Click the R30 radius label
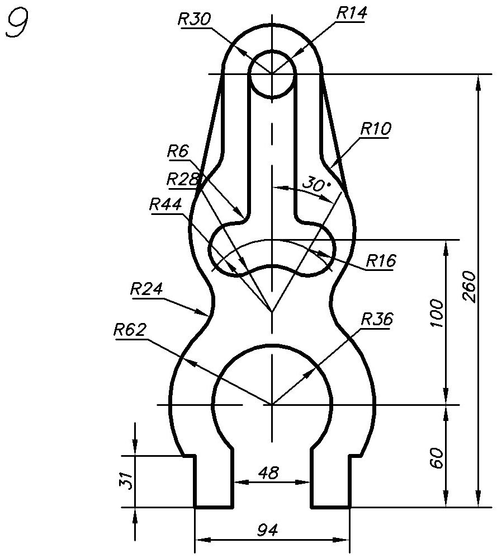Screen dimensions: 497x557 [x=194, y=20]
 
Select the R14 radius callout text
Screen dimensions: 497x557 [x=351, y=13]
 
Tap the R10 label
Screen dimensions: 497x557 [x=376, y=129]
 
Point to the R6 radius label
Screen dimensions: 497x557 [x=178, y=152]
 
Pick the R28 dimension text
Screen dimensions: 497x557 [x=183, y=179]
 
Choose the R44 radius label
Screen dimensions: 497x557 [x=165, y=205]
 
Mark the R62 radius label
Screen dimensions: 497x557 [x=130, y=330]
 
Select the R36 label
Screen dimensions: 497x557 [x=377, y=319]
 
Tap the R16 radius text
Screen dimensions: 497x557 [x=381, y=261]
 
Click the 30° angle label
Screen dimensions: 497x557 [x=317, y=184]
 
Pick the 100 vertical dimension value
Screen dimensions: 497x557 [x=436, y=313]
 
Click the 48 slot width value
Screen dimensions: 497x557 [x=268, y=473]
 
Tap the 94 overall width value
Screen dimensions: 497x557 [x=268, y=530]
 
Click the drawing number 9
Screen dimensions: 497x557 [x=17, y=23]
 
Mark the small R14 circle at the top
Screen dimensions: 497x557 [x=272, y=52]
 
